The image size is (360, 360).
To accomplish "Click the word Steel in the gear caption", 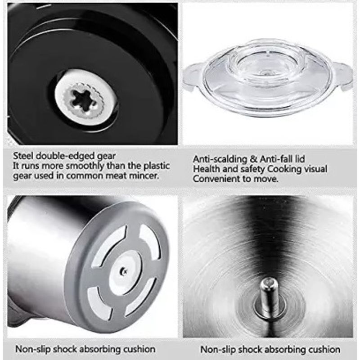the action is point(23,156).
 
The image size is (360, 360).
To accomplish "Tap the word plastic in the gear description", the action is point(157,166).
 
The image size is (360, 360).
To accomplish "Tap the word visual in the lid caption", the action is point(315,169).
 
